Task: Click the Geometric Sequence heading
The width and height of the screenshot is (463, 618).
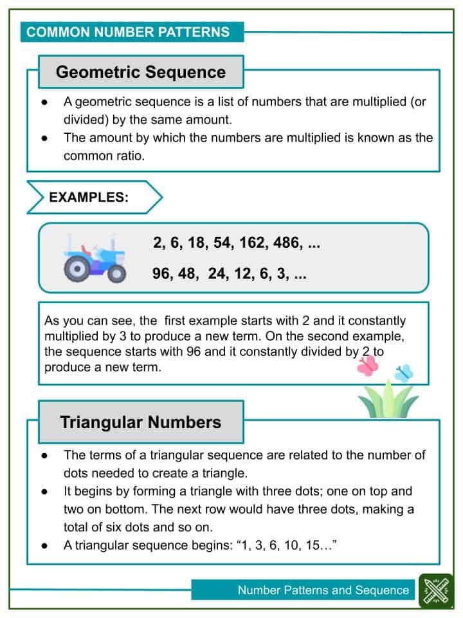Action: coord(141,72)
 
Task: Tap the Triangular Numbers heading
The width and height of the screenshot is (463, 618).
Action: coord(141,422)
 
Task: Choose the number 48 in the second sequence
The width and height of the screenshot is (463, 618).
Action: coord(191,274)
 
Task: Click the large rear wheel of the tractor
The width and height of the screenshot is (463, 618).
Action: coord(77,268)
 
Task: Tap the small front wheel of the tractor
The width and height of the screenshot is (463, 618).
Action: coord(116,274)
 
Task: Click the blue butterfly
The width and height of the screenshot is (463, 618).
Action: coord(403,373)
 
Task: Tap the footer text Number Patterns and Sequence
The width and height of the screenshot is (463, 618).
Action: coord(323,590)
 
